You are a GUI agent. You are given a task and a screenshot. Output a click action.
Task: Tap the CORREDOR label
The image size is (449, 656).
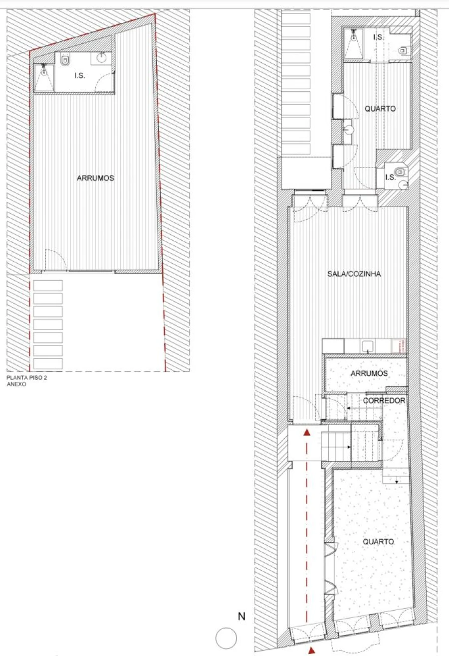tap(384, 400)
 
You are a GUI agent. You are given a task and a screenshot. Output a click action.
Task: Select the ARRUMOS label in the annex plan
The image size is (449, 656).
tap(95, 178)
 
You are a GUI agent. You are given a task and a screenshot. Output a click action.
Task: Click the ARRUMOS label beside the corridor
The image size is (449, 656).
tap(369, 373)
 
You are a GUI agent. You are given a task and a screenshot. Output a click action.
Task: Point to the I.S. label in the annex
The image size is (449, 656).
tap(80, 76)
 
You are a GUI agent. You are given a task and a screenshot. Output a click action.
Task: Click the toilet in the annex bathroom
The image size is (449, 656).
tap(65, 61)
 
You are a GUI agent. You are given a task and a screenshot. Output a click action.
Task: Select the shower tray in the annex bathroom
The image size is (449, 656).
tap(44, 77)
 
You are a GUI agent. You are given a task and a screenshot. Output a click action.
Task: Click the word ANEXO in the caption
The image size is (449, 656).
tap(16, 384)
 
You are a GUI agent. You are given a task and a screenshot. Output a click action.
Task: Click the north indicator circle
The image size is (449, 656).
tap(225, 638)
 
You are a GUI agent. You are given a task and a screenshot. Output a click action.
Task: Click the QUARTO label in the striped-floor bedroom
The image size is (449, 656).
tap(380, 109)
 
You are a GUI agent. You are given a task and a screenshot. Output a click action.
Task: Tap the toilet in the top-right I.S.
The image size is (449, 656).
tap(404, 50)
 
